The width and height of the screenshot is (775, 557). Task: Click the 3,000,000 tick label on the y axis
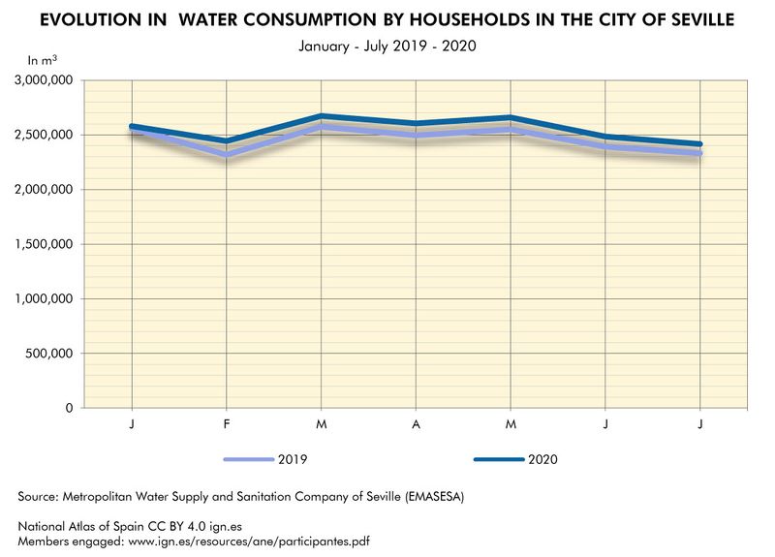click(x=45, y=80)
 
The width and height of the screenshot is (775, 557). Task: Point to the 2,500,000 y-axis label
click(x=45, y=135)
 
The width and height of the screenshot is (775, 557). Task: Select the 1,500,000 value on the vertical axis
click(x=45, y=244)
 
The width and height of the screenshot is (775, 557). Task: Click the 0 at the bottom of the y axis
click(x=70, y=408)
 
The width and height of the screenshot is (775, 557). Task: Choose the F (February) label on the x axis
click(x=226, y=425)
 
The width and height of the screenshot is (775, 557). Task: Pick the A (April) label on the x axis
click(x=416, y=425)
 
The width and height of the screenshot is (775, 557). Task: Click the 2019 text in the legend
click(x=293, y=459)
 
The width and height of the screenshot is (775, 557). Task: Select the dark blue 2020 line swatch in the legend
click(x=500, y=459)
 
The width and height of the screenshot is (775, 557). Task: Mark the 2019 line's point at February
click(x=226, y=154)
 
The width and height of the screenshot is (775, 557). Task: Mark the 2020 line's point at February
click(x=226, y=141)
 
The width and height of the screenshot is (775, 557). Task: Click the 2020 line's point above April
click(x=416, y=123)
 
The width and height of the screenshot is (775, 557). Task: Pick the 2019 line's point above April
click(x=416, y=135)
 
